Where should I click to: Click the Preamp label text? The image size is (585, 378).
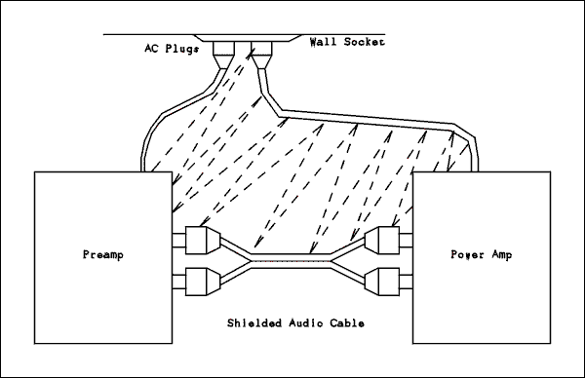pyautogui.click(x=100, y=255)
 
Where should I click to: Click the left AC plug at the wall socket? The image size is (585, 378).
pyautogui.click(x=226, y=54)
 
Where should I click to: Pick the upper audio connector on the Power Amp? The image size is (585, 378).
pyautogui.click(x=382, y=240)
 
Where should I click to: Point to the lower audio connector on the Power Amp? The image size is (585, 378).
pyautogui.click(x=382, y=283)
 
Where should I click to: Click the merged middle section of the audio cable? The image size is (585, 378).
pyautogui.click(x=292, y=261)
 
